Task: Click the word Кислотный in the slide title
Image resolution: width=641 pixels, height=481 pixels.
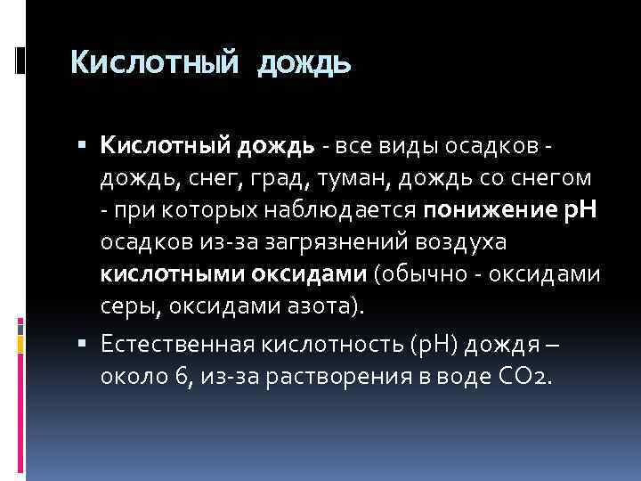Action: coord(155,63)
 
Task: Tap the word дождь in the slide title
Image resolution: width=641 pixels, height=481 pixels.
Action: coord(304,64)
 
